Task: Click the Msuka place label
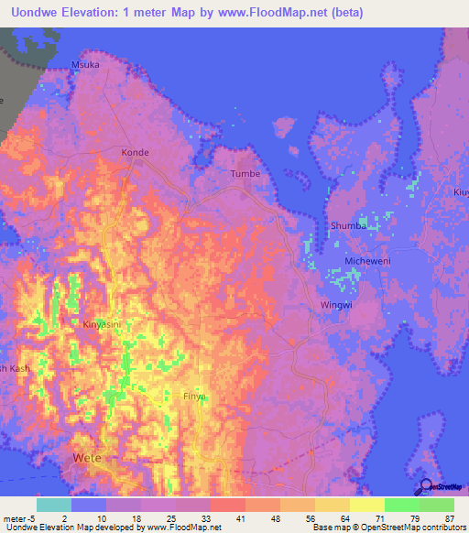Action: tap(85, 65)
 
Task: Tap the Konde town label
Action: tap(135, 152)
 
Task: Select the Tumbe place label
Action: tap(245, 174)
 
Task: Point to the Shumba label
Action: tap(348, 225)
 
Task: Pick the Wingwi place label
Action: tap(335, 305)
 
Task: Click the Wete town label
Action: tap(87, 458)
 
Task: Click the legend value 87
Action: tap(448, 518)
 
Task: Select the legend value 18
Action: tap(134, 518)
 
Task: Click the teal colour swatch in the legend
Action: tap(54, 505)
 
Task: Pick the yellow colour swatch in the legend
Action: tap(366, 505)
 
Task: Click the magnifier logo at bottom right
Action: tap(425, 488)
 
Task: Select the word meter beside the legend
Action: tap(16, 518)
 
